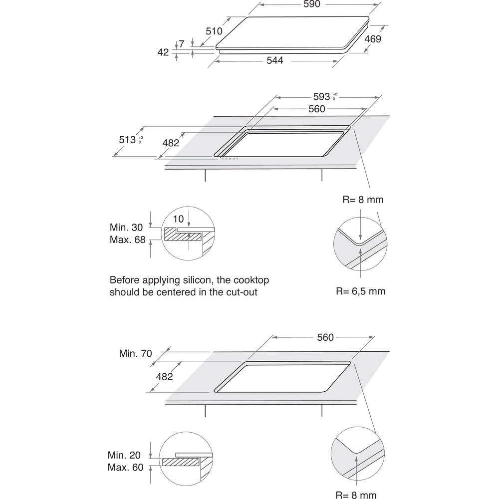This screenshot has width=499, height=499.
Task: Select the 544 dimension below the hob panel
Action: (274, 60)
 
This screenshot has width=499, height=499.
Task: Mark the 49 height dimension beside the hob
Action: (163, 51)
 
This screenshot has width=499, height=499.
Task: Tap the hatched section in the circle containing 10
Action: (175, 233)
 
